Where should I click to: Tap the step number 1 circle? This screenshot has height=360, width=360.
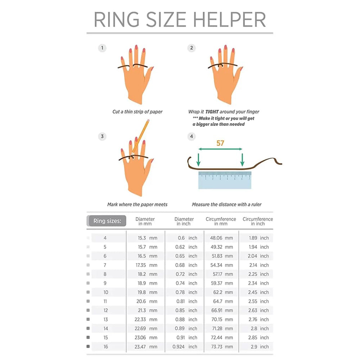[x=102, y=48]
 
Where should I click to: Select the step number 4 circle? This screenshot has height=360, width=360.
[x=192, y=136]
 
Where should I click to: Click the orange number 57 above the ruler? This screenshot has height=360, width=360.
[x=220, y=143]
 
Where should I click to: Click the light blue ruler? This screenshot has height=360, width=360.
[x=225, y=180]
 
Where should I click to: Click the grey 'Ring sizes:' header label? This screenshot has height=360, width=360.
[x=107, y=221]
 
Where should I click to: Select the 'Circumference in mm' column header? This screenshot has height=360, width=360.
[x=221, y=221]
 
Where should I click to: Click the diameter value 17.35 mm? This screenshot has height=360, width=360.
[x=145, y=265]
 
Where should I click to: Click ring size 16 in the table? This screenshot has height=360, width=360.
[x=105, y=347]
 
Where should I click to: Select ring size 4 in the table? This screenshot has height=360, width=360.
[x=105, y=238]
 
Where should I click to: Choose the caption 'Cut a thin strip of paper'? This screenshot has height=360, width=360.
[x=137, y=112]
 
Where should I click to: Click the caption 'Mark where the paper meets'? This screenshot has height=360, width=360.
[x=137, y=204]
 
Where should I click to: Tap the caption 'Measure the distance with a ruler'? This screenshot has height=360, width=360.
[x=226, y=204]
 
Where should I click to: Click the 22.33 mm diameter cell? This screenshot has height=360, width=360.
[x=145, y=319]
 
